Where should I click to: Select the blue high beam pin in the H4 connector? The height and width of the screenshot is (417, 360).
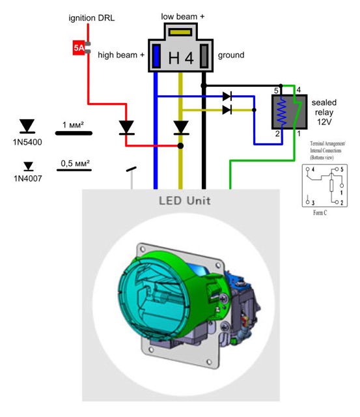point(157,57)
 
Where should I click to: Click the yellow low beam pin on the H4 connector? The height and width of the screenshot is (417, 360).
point(180,31)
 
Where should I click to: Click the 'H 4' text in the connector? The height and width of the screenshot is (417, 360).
point(181,58)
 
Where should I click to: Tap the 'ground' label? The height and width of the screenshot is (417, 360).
point(231,55)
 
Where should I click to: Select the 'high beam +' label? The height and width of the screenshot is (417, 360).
point(121,55)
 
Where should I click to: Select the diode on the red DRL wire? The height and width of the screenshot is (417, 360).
point(127,127)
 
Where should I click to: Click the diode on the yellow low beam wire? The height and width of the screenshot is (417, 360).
point(181,127)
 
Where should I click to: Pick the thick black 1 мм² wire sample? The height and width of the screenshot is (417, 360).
point(73,133)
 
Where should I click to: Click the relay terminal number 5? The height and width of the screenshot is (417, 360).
point(275,91)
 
